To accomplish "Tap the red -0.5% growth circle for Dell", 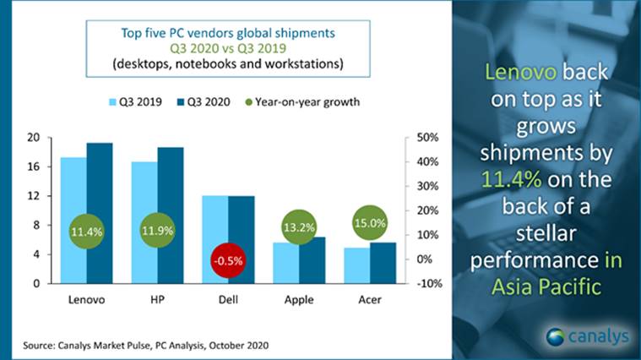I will [220, 260].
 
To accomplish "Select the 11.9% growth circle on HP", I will [158, 231].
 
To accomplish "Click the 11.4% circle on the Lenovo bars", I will [87, 231].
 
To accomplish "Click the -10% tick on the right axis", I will [424, 283].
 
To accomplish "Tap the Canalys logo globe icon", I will [558, 336].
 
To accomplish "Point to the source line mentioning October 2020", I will [142, 346].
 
